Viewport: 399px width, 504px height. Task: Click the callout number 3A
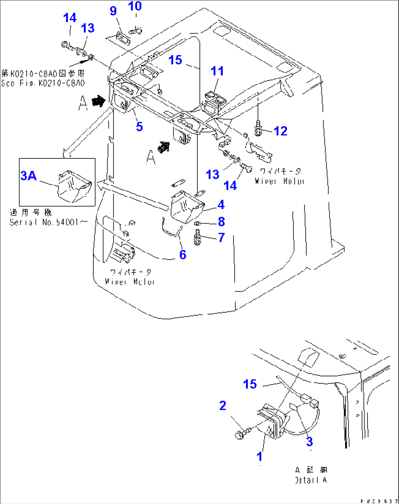tap(28, 176)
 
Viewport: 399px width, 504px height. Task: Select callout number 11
tap(217, 71)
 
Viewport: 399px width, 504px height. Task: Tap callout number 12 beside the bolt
tap(280, 131)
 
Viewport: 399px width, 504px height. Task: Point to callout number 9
tap(113, 11)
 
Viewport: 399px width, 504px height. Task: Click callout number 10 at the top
tap(135, 6)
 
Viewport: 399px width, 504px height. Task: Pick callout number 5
tap(139, 127)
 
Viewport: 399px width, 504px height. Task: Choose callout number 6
tap(183, 254)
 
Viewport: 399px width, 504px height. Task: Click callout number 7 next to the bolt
tap(221, 238)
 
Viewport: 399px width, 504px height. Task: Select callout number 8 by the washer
tap(221, 222)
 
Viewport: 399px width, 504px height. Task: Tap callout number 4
tap(221, 205)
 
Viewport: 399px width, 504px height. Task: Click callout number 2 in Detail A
tap(223, 405)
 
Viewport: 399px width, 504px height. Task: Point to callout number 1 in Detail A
tap(260, 456)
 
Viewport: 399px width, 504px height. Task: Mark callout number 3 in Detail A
tap(309, 442)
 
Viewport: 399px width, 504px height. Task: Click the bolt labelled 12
tap(258, 128)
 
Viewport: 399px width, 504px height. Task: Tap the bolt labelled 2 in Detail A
tap(242, 434)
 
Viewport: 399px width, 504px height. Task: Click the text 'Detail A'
tap(311, 480)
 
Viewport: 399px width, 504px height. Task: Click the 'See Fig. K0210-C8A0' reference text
tap(43, 83)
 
